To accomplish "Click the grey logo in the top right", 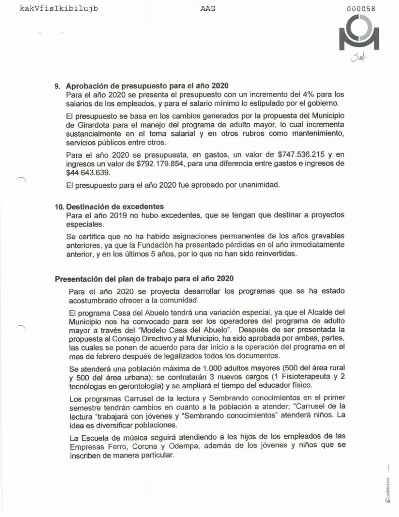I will point(360,33).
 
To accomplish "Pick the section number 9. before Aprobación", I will point(57,85).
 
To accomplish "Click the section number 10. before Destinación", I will point(59,207).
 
